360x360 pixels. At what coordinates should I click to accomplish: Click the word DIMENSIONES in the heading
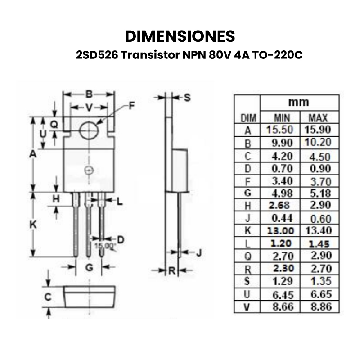click(180, 36)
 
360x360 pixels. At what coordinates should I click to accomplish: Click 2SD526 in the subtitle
click(97, 55)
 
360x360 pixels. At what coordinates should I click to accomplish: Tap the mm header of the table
click(299, 102)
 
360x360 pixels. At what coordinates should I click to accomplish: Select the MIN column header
click(282, 118)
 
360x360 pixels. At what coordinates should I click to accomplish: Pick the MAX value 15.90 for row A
click(318, 130)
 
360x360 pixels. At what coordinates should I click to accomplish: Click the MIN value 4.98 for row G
click(282, 193)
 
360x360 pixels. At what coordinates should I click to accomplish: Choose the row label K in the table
click(248, 231)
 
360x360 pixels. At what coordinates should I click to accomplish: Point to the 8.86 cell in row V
click(321, 306)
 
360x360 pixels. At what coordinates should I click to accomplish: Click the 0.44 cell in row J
click(282, 218)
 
